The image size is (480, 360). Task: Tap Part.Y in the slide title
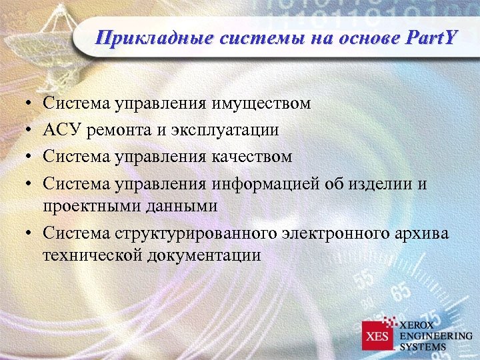tap(429, 38)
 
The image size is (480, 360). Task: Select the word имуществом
tap(261, 103)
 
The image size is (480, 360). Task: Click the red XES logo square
tap(379, 335)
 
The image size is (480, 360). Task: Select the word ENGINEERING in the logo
tap(436, 335)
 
